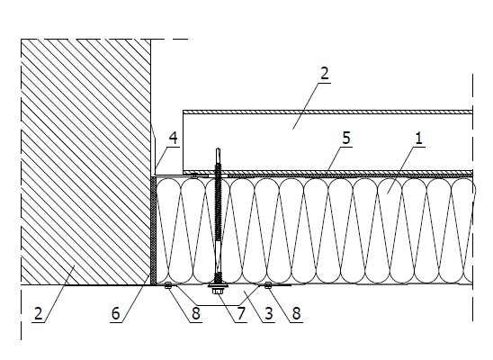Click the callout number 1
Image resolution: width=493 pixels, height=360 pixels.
pyautogui.click(x=418, y=139)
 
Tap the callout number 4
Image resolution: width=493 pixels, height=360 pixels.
pyautogui.click(x=173, y=139)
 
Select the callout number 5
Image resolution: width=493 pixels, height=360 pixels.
pyautogui.click(x=345, y=139)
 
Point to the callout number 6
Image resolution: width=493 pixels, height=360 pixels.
pyautogui.click(x=116, y=314)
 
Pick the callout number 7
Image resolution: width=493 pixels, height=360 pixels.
pyautogui.click(x=241, y=314)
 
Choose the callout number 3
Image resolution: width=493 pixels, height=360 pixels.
pyautogui.click(x=268, y=314)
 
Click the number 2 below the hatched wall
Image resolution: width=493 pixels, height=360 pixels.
pyautogui.click(x=38, y=314)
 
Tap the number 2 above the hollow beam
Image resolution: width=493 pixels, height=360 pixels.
pyautogui.click(x=324, y=73)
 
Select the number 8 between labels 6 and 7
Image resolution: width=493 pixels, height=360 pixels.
pyautogui.click(x=196, y=314)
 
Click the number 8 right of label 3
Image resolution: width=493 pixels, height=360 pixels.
pyautogui.click(x=296, y=314)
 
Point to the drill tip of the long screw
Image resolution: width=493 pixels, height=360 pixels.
pyautogui.click(x=218, y=148)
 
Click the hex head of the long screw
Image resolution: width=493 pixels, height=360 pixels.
pyautogui.click(x=218, y=292)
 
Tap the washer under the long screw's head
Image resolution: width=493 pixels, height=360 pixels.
pyautogui.click(x=218, y=286)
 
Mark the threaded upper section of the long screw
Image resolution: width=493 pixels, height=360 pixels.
pyautogui.click(x=218, y=202)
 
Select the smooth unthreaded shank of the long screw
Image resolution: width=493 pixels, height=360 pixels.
pyautogui.click(x=218, y=256)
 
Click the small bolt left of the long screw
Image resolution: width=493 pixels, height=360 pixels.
pyautogui.click(x=168, y=285)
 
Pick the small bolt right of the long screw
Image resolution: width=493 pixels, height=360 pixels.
pyautogui.click(x=268, y=285)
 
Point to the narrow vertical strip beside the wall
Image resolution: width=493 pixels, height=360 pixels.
pyautogui.click(x=154, y=230)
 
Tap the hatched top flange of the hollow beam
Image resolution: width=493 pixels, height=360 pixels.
pyautogui.click(x=327, y=112)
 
